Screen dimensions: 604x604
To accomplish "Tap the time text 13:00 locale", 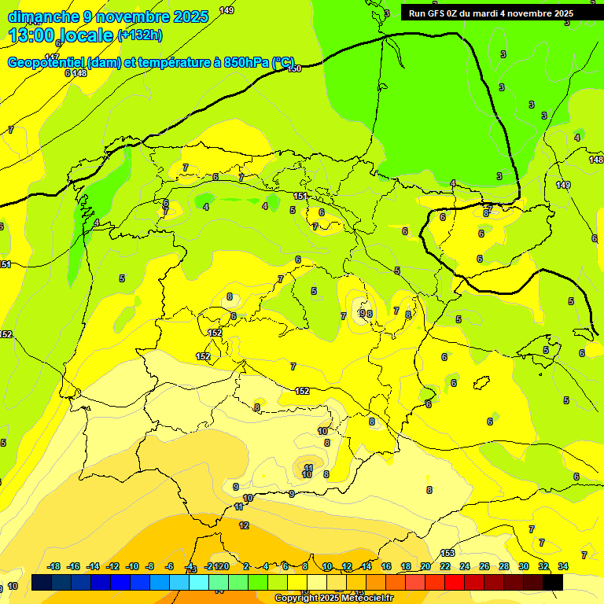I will [x=61, y=35].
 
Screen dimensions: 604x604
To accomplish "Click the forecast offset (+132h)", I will [x=140, y=35].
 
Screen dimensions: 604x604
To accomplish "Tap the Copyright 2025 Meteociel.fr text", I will [x=333, y=598].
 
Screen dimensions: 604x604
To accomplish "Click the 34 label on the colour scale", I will [x=564, y=566].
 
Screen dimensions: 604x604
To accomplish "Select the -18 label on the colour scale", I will [x=54, y=566].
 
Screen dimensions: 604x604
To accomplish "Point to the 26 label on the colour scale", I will [x=484, y=566].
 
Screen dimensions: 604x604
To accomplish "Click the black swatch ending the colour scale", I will [x=553, y=583].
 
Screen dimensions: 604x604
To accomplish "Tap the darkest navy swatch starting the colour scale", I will [x=42, y=583].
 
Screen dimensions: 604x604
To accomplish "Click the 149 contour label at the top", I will [x=226, y=10].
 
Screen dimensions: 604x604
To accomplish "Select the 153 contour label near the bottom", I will [x=447, y=553].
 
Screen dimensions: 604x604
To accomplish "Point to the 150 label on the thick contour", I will [x=294, y=69].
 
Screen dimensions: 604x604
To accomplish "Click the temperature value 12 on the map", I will [x=244, y=525].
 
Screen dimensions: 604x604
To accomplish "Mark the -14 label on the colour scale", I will [x=93, y=566].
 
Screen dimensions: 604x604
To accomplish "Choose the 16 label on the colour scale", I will [x=386, y=566].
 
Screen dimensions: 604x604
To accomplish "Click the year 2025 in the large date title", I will [x=190, y=17].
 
